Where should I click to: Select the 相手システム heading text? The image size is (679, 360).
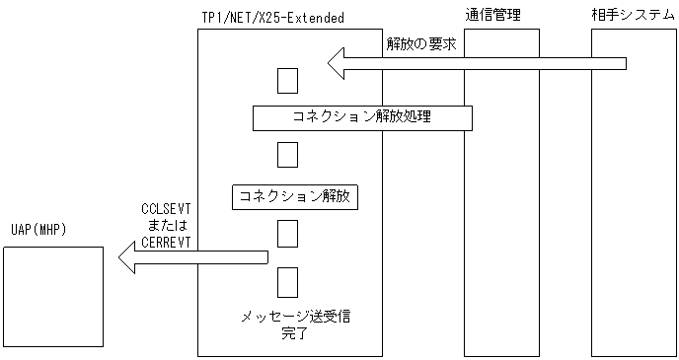point(626,14)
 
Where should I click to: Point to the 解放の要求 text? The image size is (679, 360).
point(420,45)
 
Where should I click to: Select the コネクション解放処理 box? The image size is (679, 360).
point(361,117)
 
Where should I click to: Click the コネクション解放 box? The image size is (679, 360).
point(294,196)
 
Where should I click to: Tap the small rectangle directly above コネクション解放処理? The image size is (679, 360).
point(287,81)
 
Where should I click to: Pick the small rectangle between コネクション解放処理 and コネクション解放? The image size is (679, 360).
point(287,156)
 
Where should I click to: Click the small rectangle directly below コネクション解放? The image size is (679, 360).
point(287,233)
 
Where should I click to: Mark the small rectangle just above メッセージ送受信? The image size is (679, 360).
point(287,280)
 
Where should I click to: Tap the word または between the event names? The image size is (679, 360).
point(166,226)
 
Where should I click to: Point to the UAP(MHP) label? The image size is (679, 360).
point(38,231)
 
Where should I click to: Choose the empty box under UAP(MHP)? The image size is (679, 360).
point(53,296)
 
